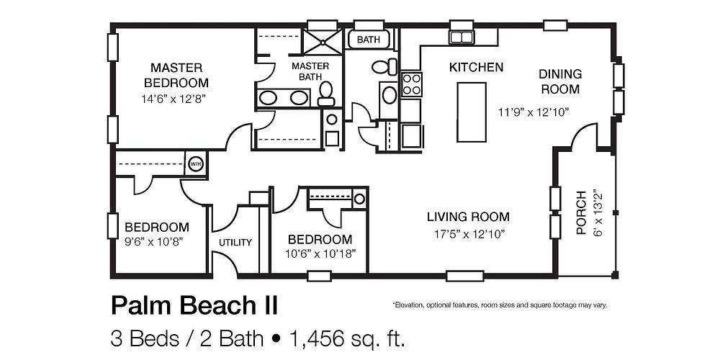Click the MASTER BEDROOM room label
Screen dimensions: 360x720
[176, 75]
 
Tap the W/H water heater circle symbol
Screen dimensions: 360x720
[195, 164]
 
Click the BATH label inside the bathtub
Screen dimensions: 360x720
[370, 40]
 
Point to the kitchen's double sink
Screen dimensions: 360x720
[461, 37]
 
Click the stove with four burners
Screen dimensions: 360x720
[411, 85]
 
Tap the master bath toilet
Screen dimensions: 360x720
[326, 91]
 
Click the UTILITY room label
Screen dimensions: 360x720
[235, 243]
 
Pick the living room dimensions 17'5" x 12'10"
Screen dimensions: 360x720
[468, 233]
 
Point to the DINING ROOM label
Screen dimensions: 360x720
[559, 81]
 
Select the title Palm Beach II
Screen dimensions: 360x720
[194, 305]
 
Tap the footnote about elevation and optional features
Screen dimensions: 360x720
[500, 305]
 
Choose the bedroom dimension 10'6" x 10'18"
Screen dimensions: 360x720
[320, 254]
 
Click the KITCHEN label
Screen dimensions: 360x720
[476, 68]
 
